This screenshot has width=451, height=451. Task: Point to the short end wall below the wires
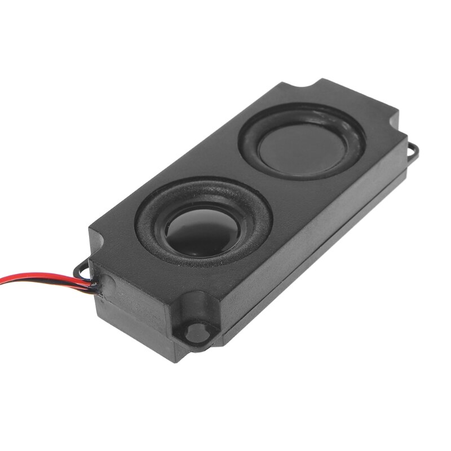point(130,316)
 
